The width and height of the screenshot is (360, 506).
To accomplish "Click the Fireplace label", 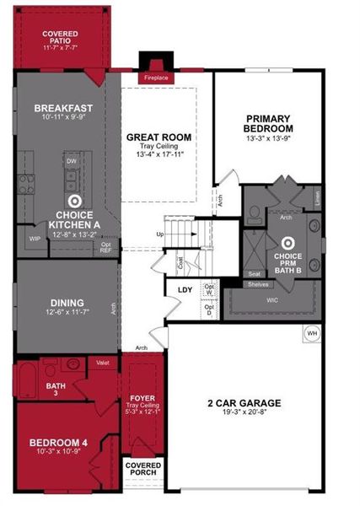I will (x=156, y=78).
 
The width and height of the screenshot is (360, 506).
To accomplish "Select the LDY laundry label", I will (x=185, y=290).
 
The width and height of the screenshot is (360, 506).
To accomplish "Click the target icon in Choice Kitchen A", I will (x=74, y=202).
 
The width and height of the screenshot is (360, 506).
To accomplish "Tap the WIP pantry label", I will (x=35, y=239).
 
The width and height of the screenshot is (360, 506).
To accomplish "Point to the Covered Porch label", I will (x=142, y=470).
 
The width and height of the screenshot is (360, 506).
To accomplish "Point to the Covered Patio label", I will (x=60, y=38).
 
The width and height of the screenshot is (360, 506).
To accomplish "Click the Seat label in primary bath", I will (x=254, y=273).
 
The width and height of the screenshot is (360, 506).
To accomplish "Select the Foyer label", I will (x=142, y=396).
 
